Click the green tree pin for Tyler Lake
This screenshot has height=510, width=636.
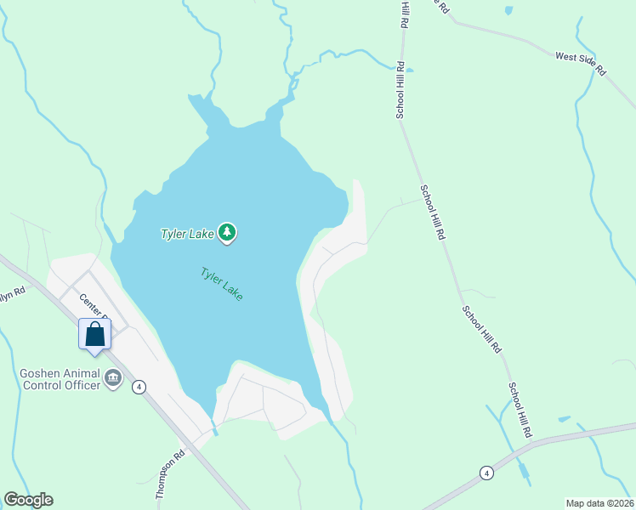click(227, 232)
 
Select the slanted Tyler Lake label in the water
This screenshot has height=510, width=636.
click(222, 284)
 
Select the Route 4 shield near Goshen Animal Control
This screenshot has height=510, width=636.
click(139, 386)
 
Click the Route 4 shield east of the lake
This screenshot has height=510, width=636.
click(486, 473)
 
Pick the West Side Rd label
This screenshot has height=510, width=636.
click(581, 64)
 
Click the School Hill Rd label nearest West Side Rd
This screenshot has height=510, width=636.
click(400, 89)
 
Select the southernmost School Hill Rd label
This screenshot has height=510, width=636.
click(520, 410)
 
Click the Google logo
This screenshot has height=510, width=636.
click(28, 500)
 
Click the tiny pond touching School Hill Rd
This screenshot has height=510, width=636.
click(409, 70)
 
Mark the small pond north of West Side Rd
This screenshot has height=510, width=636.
click(509, 11)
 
